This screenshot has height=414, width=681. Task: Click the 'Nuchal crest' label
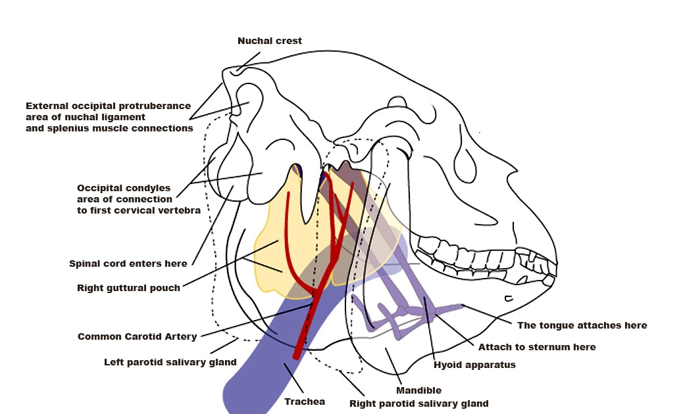[269, 41]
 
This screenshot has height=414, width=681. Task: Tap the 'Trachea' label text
[304, 401]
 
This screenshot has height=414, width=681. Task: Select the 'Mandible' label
[418, 390]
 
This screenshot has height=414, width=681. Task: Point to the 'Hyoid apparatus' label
[474, 364]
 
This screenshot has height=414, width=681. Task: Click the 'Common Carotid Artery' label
[137, 336]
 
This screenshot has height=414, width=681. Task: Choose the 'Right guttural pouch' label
[128, 288]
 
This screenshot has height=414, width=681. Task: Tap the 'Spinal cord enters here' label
[128, 264]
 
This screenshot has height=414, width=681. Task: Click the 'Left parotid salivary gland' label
[170, 362]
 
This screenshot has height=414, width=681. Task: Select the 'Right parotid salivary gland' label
[418, 403]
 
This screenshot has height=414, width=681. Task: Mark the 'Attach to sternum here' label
[536, 347]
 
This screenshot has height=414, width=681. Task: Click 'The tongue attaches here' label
[582, 325]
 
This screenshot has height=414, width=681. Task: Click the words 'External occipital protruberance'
[108, 106]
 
